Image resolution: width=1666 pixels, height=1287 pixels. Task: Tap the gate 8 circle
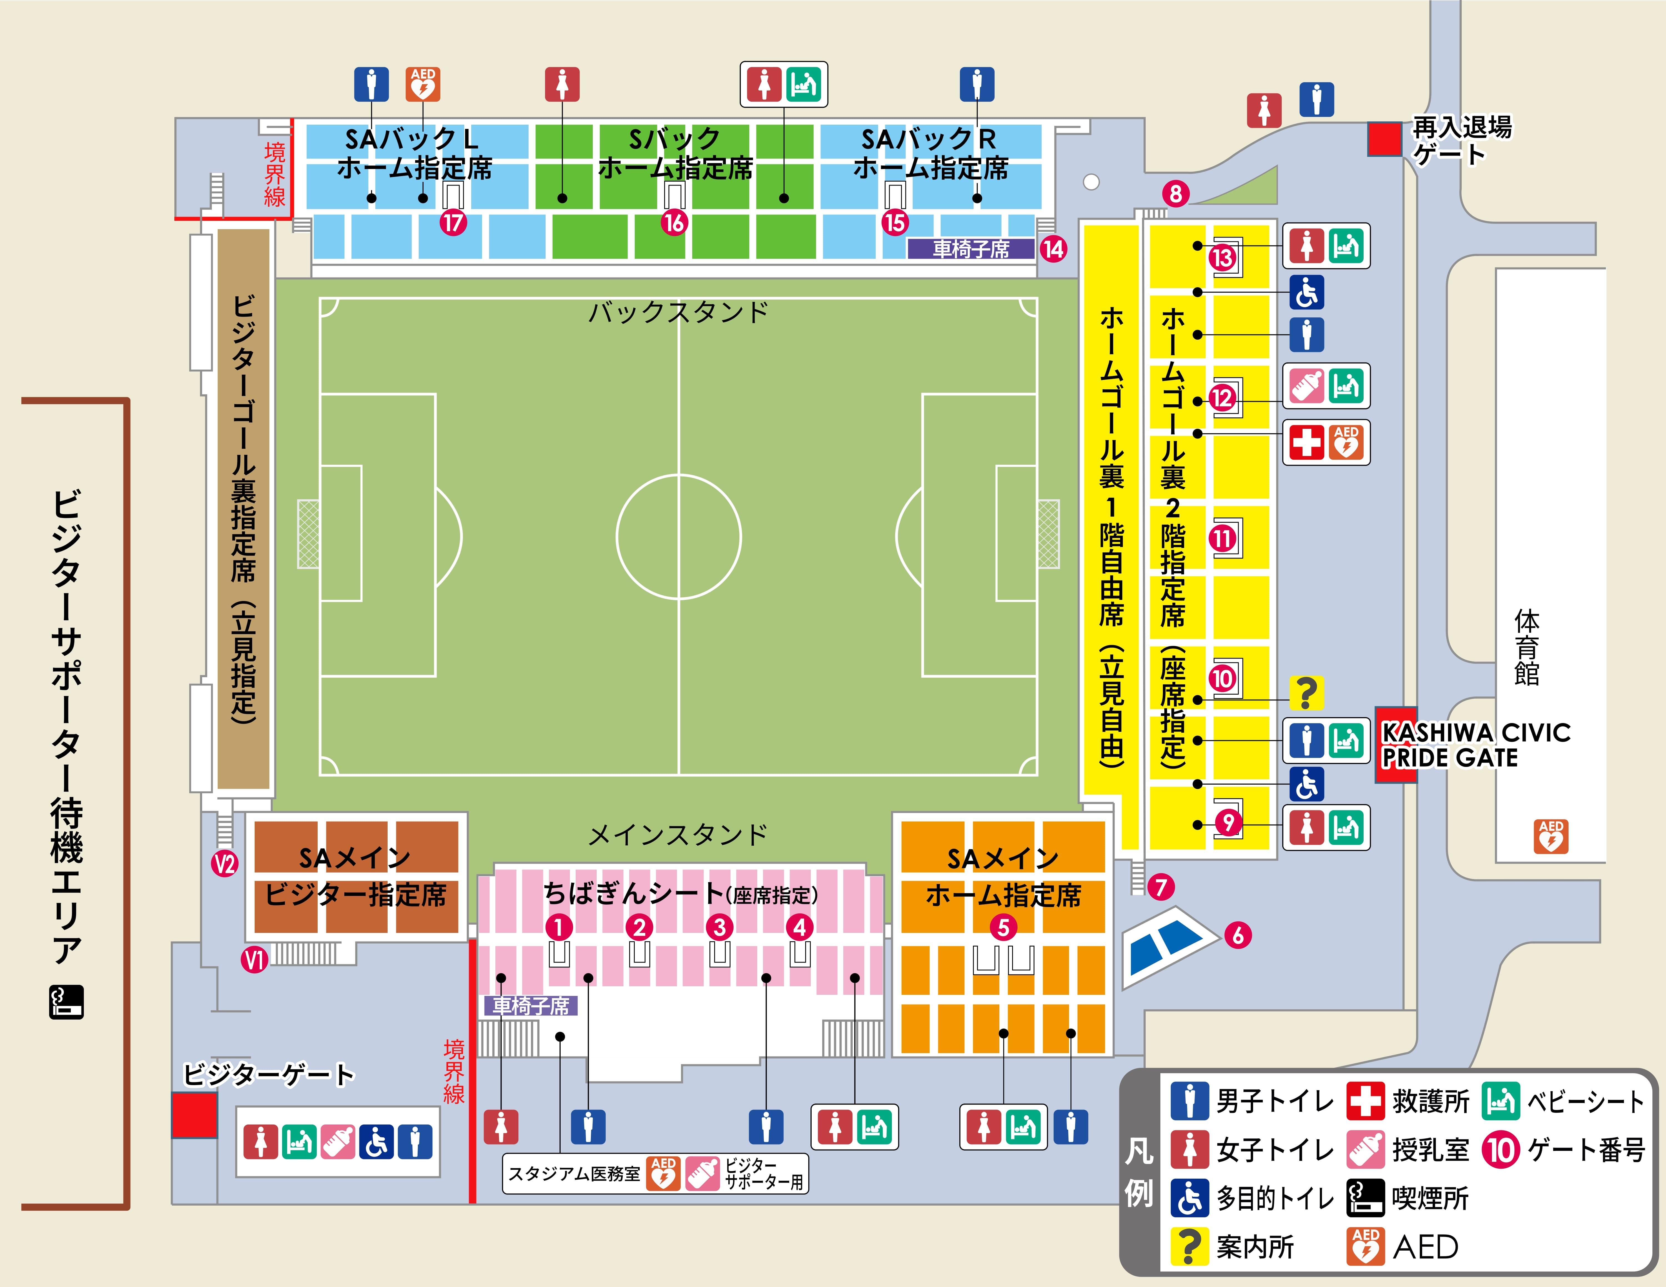(x=1176, y=194)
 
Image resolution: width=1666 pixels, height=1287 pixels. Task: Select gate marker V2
(x=224, y=864)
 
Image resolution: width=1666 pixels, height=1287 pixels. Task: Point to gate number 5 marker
(x=1003, y=928)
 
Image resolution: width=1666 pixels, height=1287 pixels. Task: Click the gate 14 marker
(x=1053, y=249)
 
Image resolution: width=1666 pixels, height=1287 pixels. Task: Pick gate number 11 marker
(x=1222, y=539)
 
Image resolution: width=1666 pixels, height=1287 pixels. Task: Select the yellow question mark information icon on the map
(x=1306, y=693)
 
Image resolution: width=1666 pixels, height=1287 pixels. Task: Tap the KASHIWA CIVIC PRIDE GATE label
(x=1475, y=745)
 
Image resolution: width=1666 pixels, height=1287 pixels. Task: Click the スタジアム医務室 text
(x=574, y=1173)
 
